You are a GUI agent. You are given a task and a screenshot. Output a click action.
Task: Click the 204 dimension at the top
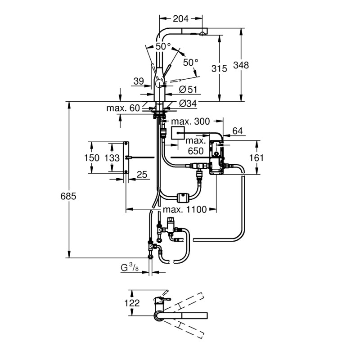[x=180, y=18]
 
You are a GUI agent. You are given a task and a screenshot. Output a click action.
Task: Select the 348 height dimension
[x=241, y=65]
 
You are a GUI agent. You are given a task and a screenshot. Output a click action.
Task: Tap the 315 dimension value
[x=219, y=69]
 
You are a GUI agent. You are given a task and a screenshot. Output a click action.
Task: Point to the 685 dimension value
[x=68, y=196]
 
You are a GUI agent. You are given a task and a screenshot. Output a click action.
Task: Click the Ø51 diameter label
[x=188, y=89]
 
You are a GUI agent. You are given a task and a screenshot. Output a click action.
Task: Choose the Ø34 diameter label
[x=188, y=103]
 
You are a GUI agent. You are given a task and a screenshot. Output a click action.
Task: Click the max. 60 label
[x=123, y=108]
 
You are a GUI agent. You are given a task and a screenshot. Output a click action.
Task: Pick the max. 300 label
[x=190, y=121]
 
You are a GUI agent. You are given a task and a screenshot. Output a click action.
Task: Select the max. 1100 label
[x=185, y=209]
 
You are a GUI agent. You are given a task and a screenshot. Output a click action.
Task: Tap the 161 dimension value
[x=256, y=158]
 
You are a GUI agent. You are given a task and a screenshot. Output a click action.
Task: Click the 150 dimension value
[x=92, y=158]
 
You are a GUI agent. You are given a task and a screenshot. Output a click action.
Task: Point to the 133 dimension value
[x=112, y=158]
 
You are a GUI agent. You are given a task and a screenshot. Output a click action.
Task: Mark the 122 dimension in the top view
[x=132, y=303]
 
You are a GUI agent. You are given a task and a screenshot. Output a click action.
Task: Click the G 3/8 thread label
[x=130, y=267]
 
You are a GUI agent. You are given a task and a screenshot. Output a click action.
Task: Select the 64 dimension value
[x=238, y=131]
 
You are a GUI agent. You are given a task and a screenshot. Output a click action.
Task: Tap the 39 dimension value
[x=139, y=81]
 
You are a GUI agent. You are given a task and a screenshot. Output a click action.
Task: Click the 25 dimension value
[x=142, y=175]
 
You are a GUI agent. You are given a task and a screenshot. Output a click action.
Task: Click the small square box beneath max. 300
[x=178, y=133]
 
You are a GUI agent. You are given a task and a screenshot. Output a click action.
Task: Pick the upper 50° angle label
[x=163, y=47]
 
